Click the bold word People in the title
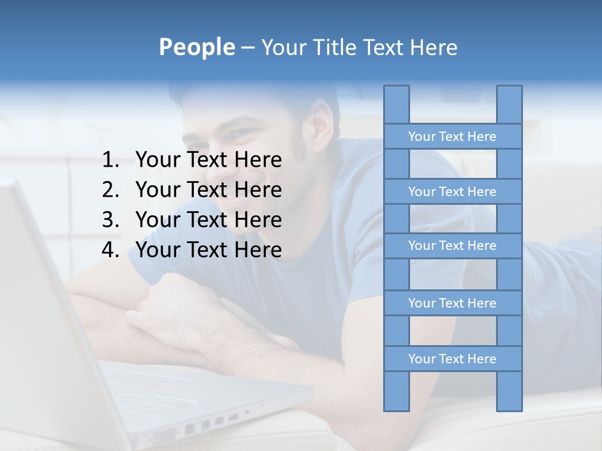coord(196,47)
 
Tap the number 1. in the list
coord(110,160)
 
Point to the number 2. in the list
coord(110,190)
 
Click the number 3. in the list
coord(110,220)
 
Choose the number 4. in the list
coord(110,250)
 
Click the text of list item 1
coord(208,160)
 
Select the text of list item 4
coord(208,250)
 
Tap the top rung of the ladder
coord(452,137)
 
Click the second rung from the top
coord(452,192)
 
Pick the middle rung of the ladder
coord(452,246)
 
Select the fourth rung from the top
coord(452,303)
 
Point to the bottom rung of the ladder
coord(452,359)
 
